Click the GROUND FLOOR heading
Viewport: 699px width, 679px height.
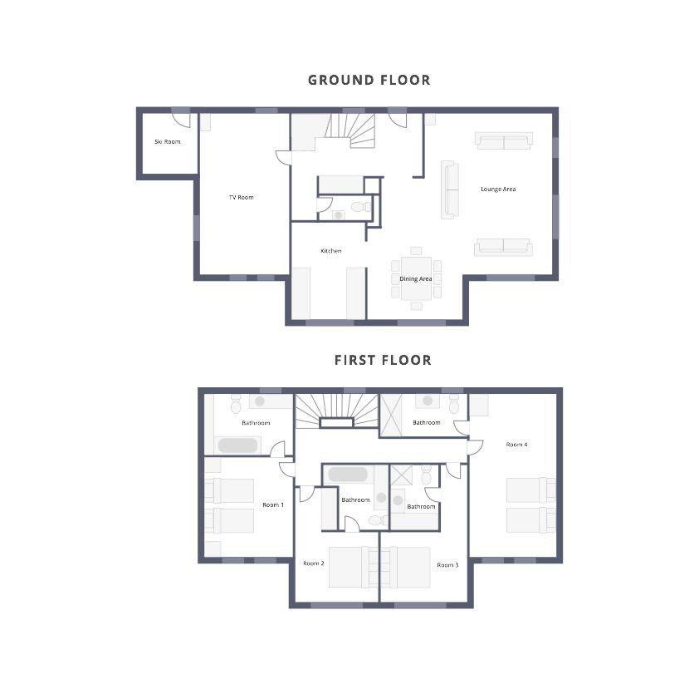[x=369, y=80]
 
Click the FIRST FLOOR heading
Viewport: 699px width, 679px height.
[x=383, y=360]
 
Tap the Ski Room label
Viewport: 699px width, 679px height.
[x=168, y=141]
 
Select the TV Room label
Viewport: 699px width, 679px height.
[x=242, y=197]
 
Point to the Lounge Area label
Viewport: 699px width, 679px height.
[x=498, y=189]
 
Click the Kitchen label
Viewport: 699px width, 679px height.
[x=331, y=251]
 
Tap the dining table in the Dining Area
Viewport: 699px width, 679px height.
[x=417, y=278]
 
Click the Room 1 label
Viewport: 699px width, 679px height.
[x=273, y=505]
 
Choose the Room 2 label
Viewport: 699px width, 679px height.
[x=314, y=563]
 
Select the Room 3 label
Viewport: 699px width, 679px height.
[x=447, y=565]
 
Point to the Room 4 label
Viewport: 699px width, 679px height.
[x=516, y=445]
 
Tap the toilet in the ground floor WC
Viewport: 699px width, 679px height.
[x=360, y=207]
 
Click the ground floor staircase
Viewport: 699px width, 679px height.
[x=349, y=130]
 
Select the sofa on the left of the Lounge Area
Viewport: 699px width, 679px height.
[x=450, y=189]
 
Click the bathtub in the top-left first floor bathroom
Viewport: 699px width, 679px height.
[x=237, y=445]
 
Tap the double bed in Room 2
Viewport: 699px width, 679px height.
[x=353, y=567]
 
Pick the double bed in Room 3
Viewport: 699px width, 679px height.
[x=406, y=567]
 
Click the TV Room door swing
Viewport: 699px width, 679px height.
[x=283, y=158]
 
